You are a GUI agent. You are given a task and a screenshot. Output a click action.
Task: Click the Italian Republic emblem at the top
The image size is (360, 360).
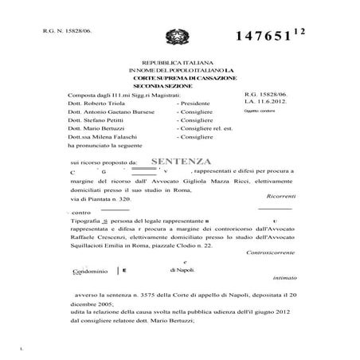point(172,37)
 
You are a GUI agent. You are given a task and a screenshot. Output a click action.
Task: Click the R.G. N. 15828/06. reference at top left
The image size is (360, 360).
point(55,28)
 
